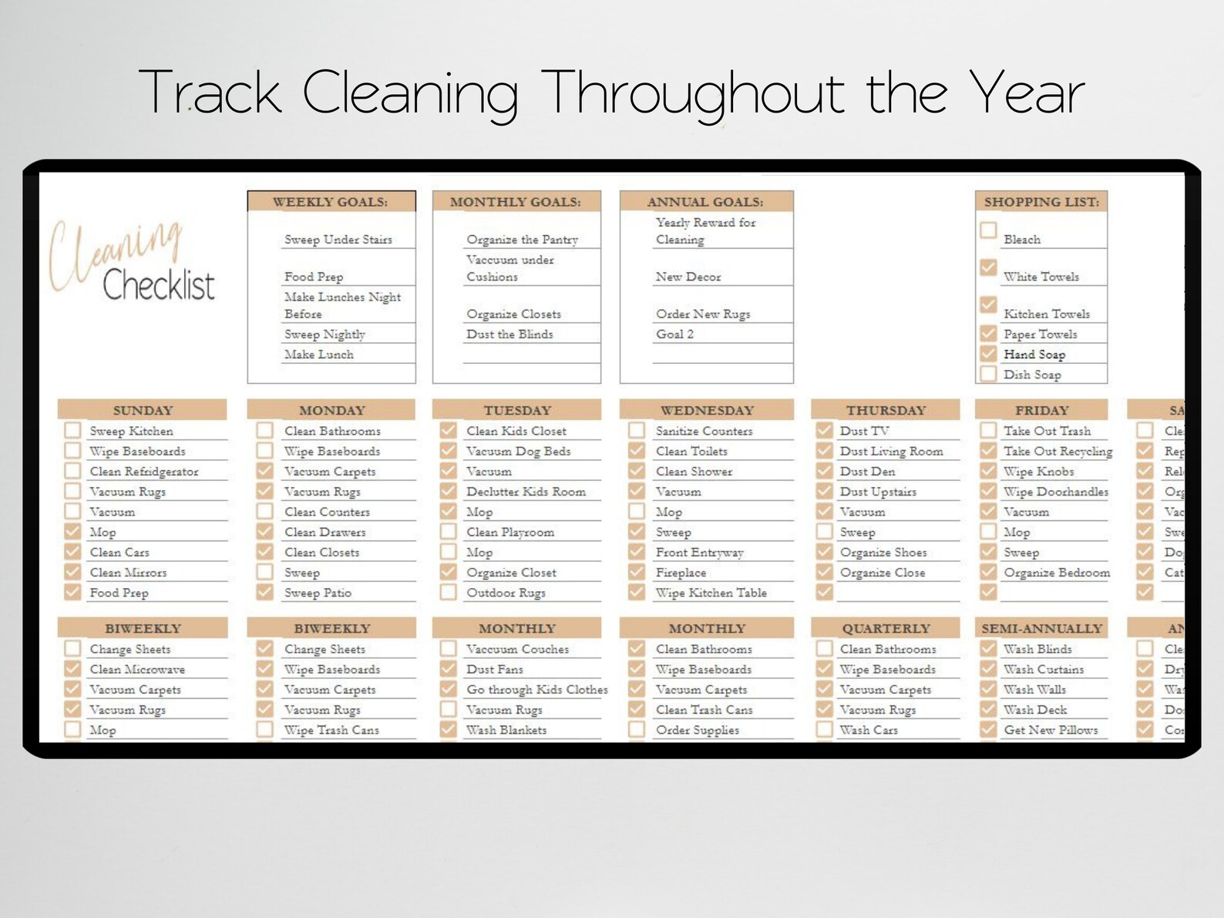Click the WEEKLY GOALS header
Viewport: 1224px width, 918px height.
[331, 202]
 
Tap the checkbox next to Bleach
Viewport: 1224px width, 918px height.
[988, 230]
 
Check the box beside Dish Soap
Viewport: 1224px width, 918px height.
[988, 374]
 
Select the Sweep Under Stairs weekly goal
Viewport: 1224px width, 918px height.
[338, 240]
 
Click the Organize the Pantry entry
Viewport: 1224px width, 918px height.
[522, 240]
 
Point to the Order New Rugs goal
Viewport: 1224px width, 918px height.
[702, 314]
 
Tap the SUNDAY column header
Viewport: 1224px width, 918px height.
[143, 410]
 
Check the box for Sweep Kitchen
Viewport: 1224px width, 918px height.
[73, 430]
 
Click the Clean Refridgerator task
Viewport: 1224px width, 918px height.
[143, 471]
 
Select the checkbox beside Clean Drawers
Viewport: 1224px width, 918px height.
[264, 531]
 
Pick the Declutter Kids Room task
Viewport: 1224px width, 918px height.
[526, 491]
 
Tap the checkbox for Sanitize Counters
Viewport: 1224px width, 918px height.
[637, 430]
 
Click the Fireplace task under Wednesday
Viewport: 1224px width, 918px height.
[681, 572]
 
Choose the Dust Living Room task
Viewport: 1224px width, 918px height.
[891, 451]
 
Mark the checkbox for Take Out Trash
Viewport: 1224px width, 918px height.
[988, 430]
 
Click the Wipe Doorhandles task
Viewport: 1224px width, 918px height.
[1055, 491]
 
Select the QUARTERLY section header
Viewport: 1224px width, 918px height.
[886, 628]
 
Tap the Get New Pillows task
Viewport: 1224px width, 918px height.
[1051, 729]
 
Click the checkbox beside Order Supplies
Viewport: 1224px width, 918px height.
[637, 729]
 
